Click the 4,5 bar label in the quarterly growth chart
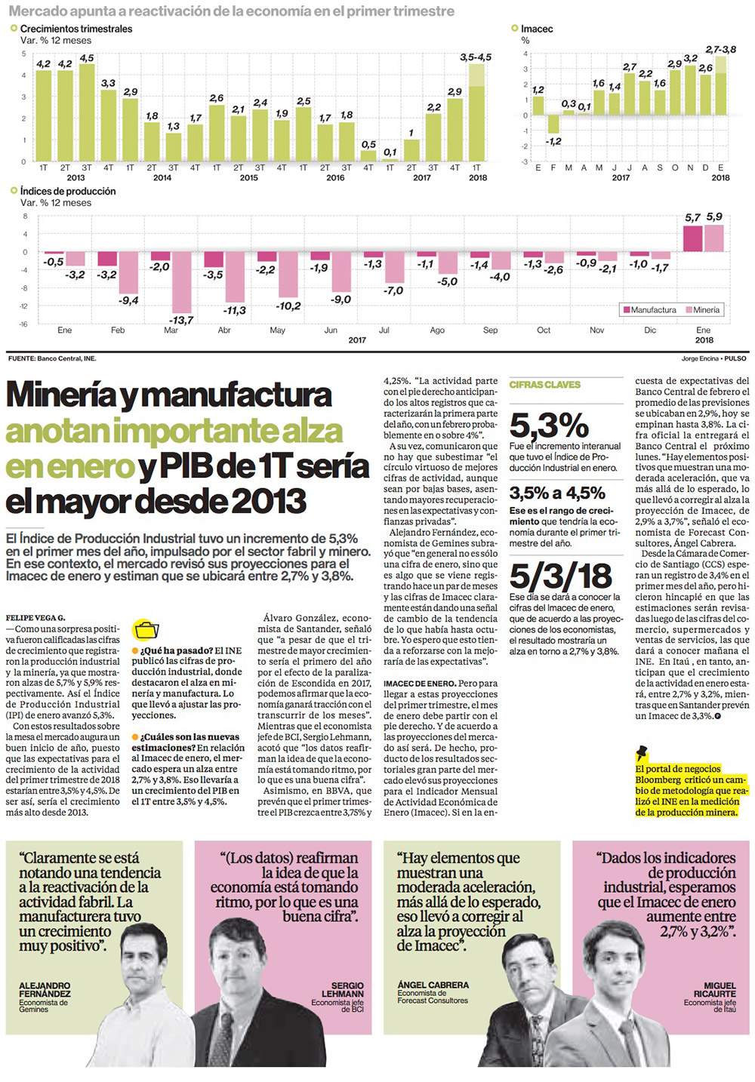[87, 58]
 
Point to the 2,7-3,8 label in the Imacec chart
[720, 50]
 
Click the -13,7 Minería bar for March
[181, 282]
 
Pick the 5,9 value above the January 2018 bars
[714, 217]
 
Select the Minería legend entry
[703, 310]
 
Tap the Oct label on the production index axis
[544, 330]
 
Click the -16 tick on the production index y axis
[23, 324]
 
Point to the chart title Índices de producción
[68, 192]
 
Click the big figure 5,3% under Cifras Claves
[549, 426]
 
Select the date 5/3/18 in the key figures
[560, 576]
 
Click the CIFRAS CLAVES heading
[544, 385]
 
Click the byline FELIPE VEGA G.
[35, 618]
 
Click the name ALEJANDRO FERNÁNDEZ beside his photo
[45, 990]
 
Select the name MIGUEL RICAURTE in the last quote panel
[719, 990]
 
